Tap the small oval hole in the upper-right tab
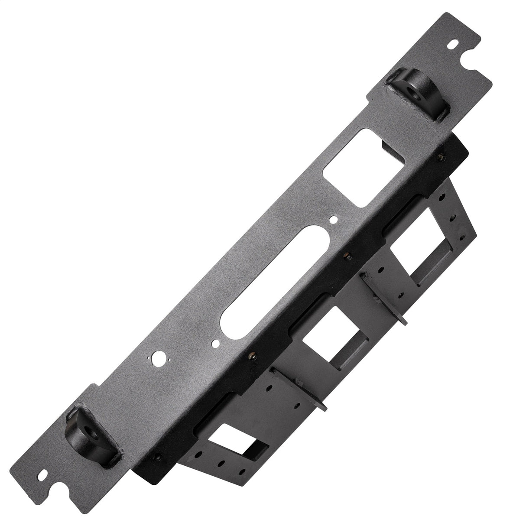point(453,45)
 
